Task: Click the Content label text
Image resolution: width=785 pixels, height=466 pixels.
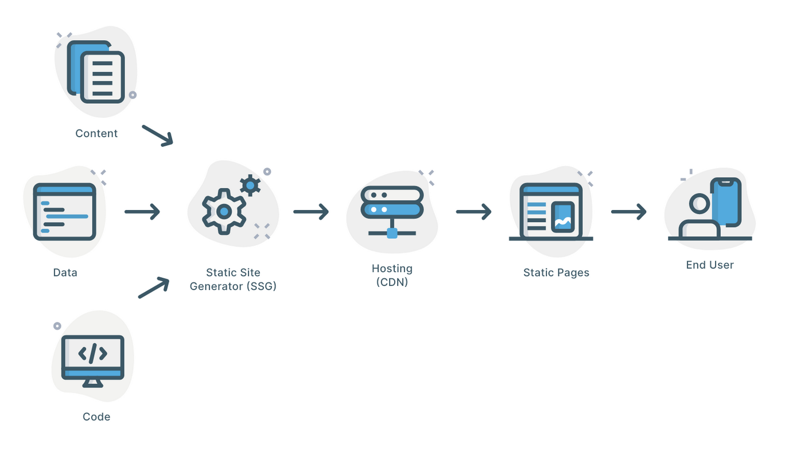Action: click(x=96, y=133)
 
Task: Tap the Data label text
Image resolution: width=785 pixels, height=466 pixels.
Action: click(x=65, y=273)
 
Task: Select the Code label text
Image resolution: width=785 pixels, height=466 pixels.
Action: click(x=96, y=417)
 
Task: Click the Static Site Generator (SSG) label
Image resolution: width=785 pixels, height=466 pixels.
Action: click(x=233, y=279)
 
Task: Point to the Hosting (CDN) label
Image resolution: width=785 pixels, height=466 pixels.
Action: click(x=392, y=275)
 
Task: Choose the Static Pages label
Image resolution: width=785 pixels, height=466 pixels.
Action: click(x=556, y=273)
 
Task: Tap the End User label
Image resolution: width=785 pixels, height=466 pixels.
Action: click(x=710, y=265)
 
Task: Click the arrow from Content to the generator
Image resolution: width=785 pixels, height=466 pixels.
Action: click(x=157, y=135)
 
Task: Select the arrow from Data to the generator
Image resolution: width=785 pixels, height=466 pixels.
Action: click(x=142, y=212)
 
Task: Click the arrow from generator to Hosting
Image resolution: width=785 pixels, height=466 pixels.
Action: click(x=310, y=212)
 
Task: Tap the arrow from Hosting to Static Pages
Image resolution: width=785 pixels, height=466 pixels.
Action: click(x=473, y=212)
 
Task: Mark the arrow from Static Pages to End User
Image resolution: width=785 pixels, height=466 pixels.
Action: click(x=628, y=212)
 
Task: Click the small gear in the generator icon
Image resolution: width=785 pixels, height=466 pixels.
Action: click(x=250, y=185)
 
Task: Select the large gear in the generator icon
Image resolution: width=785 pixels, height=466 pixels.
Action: click(x=223, y=212)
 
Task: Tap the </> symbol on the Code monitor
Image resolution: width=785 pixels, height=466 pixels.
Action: click(x=92, y=354)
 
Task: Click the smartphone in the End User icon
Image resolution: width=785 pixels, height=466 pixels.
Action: click(x=726, y=202)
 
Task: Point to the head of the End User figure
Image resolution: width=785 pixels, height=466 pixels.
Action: click(x=699, y=203)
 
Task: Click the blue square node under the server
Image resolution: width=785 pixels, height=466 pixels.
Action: click(x=392, y=233)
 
